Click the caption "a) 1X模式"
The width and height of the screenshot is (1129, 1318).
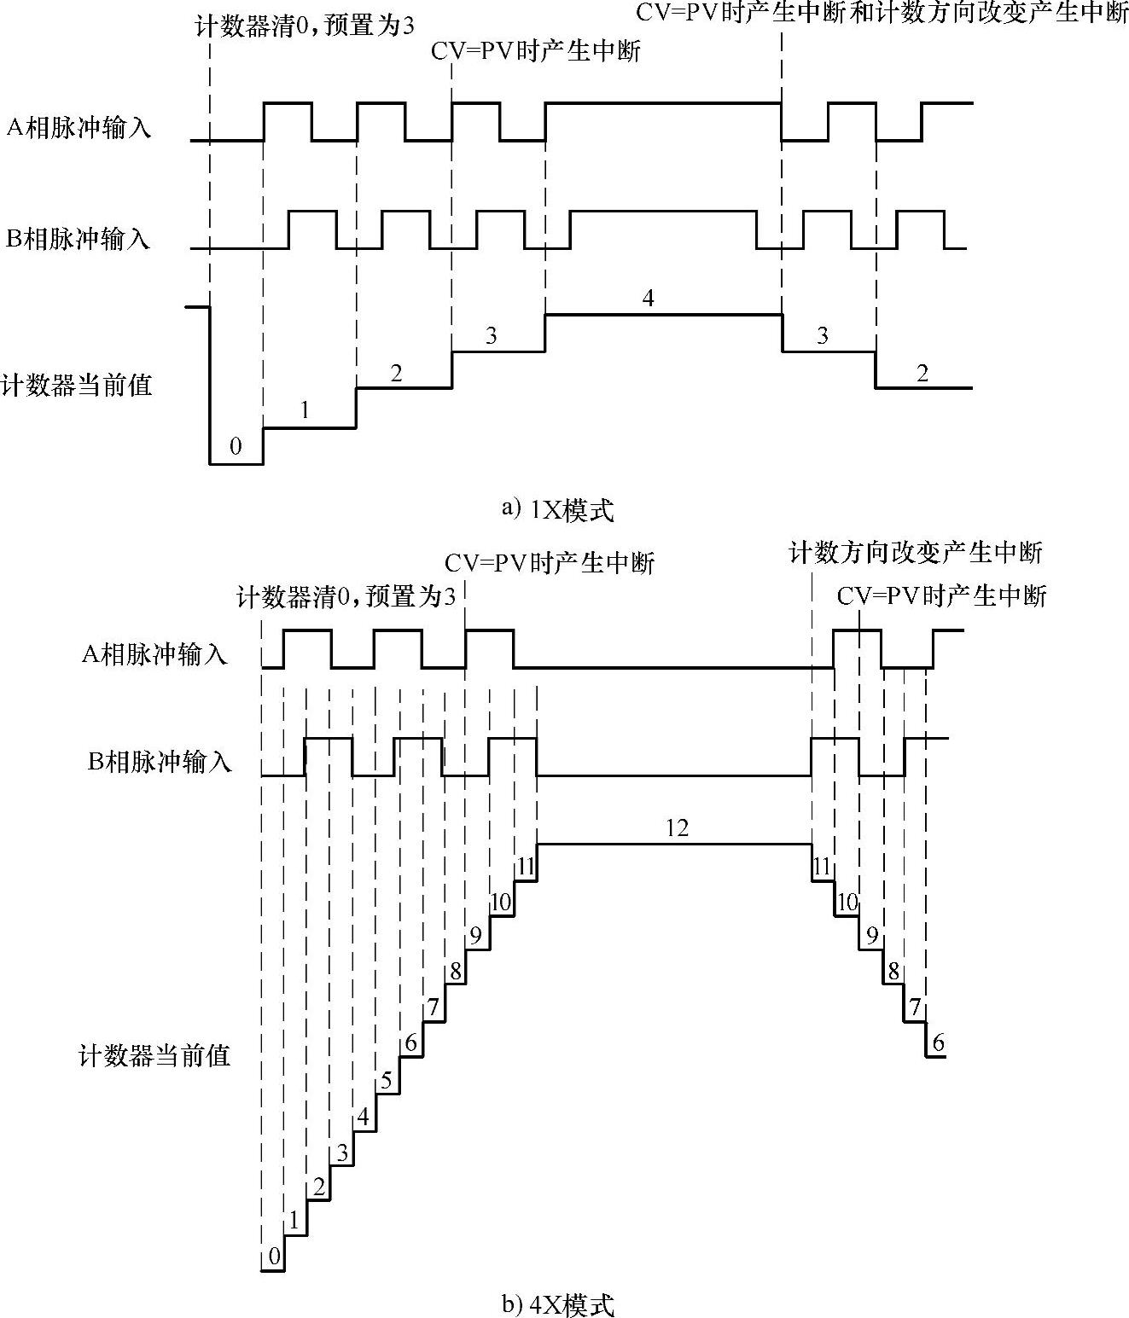(557, 510)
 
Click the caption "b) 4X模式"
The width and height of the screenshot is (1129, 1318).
(557, 1304)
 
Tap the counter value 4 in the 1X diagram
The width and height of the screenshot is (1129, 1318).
(648, 299)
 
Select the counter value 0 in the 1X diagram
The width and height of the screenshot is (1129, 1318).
(236, 446)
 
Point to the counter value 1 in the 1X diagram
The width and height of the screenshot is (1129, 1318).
(305, 410)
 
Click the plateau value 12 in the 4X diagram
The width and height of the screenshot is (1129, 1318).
(676, 827)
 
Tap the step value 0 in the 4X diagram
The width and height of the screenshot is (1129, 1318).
(274, 1256)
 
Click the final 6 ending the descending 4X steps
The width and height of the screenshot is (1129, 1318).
(939, 1042)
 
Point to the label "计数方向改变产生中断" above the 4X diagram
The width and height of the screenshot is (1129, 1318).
(916, 553)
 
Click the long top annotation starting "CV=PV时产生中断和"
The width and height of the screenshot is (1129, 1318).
(882, 14)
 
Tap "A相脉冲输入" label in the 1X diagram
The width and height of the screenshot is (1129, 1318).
(79, 128)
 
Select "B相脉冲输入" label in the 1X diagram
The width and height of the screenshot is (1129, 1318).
(78, 239)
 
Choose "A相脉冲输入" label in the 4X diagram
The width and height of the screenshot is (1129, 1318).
(154, 655)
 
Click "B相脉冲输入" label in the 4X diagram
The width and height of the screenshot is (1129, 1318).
(160, 761)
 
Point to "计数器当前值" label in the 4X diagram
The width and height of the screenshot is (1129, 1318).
(154, 1056)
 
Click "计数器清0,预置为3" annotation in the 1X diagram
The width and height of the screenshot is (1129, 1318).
(305, 25)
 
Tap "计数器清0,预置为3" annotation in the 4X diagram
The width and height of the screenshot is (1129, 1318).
(346, 596)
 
